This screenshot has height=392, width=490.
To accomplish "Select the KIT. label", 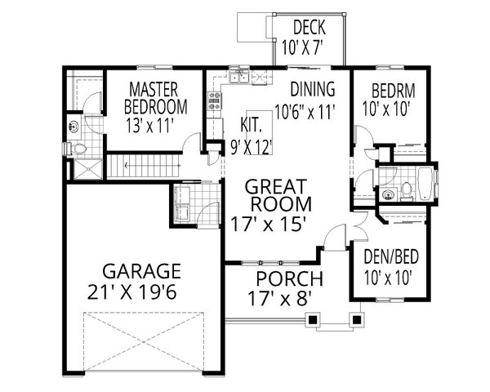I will click(250, 126).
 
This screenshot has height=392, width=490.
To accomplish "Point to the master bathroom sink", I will click(73, 127).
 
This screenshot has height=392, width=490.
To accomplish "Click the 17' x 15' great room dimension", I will click(279, 221).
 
